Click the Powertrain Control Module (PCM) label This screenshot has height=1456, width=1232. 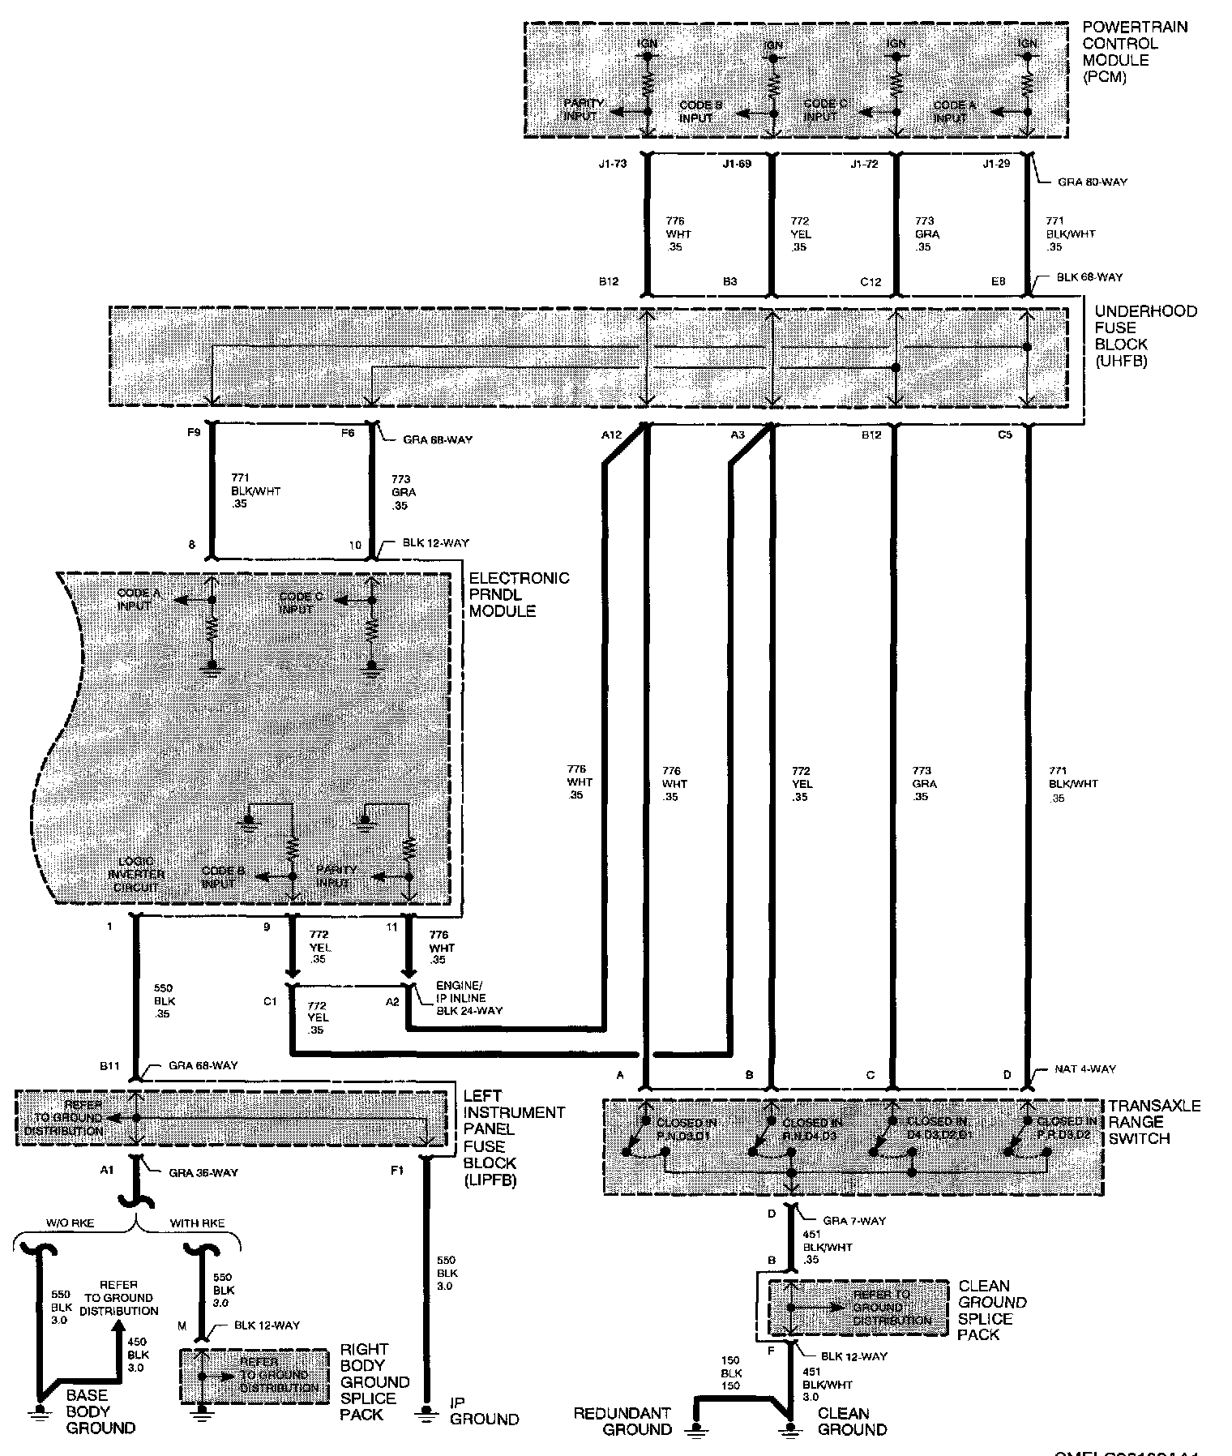[1123, 52]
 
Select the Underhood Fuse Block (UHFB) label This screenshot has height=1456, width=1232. [1145, 336]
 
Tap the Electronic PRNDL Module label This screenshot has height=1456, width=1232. [519, 594]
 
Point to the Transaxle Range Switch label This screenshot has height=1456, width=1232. [1154, 1122]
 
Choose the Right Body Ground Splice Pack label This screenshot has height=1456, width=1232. [374, 1381]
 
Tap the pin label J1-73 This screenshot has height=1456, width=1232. [614, 165]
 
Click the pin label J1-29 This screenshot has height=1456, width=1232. [996, 165]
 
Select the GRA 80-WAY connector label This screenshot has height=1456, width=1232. [1092, 182]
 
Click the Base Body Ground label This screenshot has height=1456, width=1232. [100, 1411]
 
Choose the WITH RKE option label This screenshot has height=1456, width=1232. [197, 1223]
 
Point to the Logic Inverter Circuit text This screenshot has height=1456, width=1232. [136, 874]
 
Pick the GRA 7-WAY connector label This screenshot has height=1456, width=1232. [855, 1221]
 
